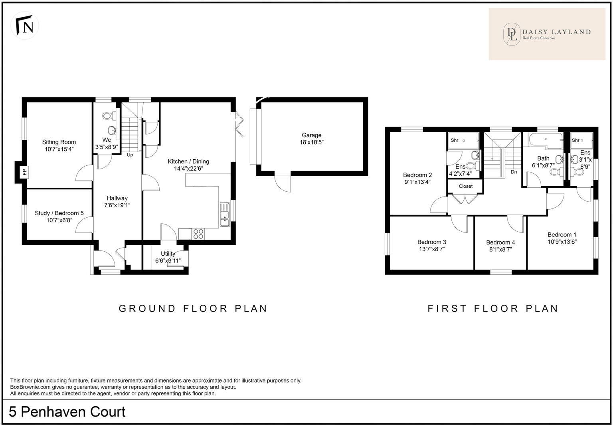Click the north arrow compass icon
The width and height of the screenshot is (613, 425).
[x=25, y=26]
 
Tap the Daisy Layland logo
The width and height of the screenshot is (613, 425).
[x=547, y=34]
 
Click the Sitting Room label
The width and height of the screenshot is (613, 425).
[x=59, y=142]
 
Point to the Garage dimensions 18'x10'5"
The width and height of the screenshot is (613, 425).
[x=312, y=142]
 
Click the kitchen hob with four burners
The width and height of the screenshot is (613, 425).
[x=198, y=234]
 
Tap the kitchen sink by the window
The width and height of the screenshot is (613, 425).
[x=225, y=215]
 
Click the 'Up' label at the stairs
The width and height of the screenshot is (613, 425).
[x=130, y=155]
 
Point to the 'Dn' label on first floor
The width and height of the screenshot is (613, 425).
[x=514, y=172]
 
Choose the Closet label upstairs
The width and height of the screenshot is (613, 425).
[x=465, y=186]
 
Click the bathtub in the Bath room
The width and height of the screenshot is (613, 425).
[x=546, y=141]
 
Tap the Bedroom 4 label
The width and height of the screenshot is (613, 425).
[x=500, y=242]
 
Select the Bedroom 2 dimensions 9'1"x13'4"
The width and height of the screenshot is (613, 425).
[x=417, y=182]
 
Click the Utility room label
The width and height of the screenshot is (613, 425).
[x=168, y=254]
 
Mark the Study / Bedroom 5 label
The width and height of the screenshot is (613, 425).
[x=59, y=213]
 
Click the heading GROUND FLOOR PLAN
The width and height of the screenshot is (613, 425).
[x=193, y=309]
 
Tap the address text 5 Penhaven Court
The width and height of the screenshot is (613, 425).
[x=67, y=411]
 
